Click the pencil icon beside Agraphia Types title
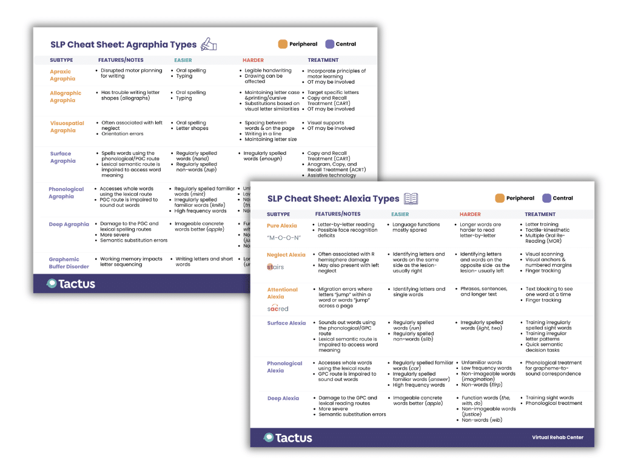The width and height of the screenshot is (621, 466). point(209,44)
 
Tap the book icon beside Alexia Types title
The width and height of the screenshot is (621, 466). point(411,198)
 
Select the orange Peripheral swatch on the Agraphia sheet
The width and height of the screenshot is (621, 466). point(283,44)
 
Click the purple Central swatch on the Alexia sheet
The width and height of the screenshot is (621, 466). point(546,198)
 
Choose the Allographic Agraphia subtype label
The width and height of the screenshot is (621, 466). point(65,96)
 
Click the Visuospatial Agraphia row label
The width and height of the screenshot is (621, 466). point(67,126)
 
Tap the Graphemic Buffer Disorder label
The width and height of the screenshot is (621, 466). point(69,263)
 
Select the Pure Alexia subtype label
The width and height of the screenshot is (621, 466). point(281,226)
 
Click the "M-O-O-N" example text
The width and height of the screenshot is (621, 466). point(284,237)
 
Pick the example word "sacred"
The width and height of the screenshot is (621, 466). point(278,309)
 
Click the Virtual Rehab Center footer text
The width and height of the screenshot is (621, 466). point(557,437)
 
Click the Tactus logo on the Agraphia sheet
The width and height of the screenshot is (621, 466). point(70,283)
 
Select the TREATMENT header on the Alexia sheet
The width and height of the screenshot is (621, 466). point(540,214)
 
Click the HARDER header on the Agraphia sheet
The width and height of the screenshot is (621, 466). point(253,60)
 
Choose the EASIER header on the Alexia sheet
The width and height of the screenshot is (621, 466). point(400,214)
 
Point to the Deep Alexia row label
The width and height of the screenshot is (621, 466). point(283,399)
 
